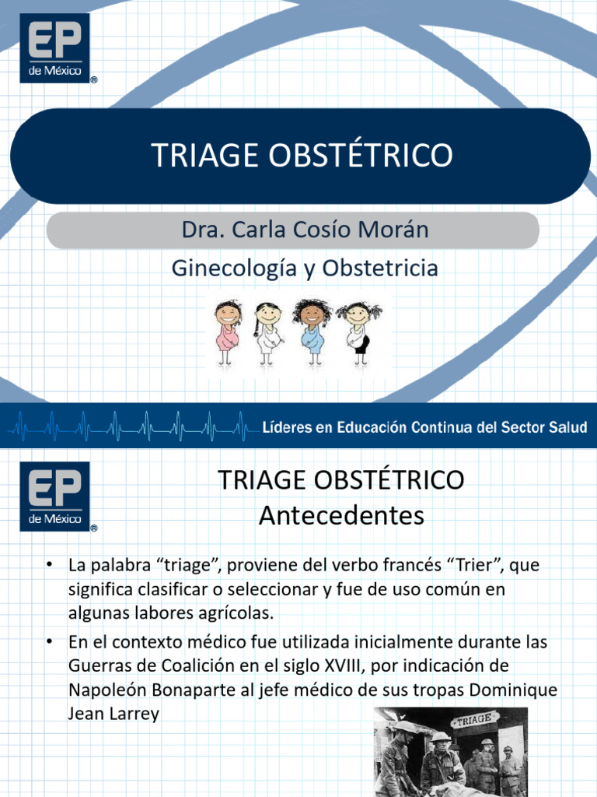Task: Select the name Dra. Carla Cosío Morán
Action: click(293, 230)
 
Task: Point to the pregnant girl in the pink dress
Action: click(227, 331)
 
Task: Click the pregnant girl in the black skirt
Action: click(358, 332)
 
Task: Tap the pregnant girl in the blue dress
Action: click(312, 332)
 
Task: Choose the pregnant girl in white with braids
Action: click(267, 332)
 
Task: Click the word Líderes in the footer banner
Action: click(287, 427)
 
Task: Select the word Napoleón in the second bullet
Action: click(105, 691)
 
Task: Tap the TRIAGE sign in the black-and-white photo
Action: click(474, 721)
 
